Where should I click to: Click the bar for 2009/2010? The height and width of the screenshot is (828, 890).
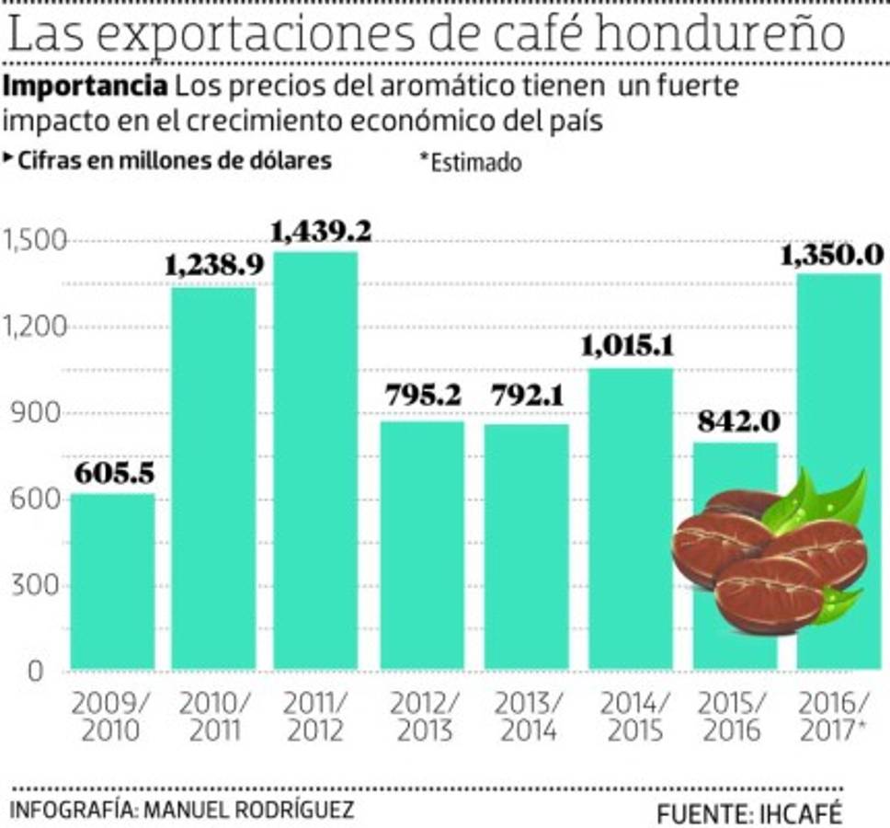click(112, 581)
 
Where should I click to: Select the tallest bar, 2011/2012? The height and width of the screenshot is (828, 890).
click(315, 460)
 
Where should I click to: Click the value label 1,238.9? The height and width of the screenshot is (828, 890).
click(214, 266)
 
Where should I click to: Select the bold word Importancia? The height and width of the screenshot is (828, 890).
click(86, 88)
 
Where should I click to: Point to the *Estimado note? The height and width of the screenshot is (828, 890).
click(471, 162)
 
